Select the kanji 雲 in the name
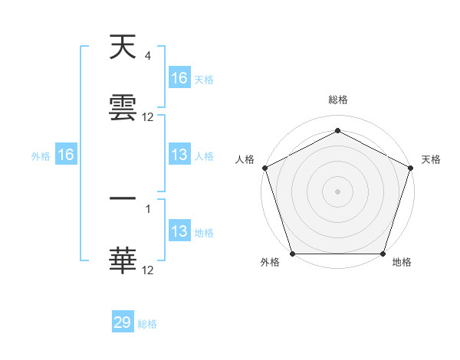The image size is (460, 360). coord(123,109)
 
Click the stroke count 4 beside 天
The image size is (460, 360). coord(147,56)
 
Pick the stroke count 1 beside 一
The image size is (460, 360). coord(147,208)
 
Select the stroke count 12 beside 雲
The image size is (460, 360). coord(148,117)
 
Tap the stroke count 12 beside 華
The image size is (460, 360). coord(148,270)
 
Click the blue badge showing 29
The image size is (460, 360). coord(123,322)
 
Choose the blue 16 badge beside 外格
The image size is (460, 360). coord(66,155)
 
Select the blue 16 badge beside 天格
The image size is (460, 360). coord(179,78)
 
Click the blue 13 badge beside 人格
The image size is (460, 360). coord(179,155)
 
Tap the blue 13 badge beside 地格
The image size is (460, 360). coord(179,231)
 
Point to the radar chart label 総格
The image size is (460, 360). coord(338,100)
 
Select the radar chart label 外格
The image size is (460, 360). coord(270,263)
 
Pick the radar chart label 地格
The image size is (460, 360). coord(402,263)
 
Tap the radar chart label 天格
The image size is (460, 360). coord(431,159)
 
